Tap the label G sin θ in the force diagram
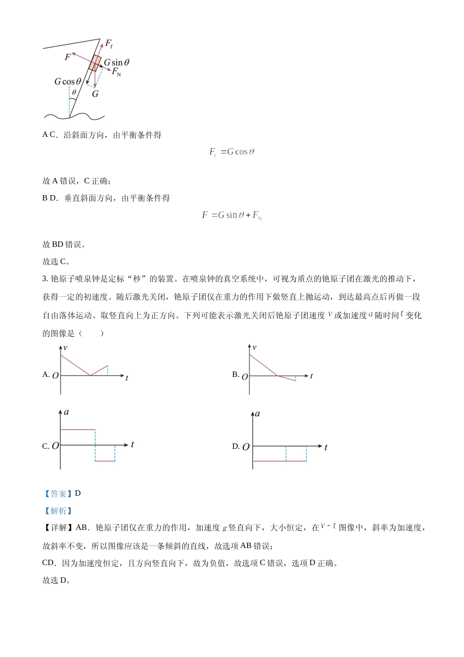[117, 63]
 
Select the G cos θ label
[67, 82]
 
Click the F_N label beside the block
[116, 72]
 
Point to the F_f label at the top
[108, 44]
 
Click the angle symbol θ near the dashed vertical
[74, 92]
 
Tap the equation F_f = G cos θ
[232, 152]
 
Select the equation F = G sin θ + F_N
[232, 215]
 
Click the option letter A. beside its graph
[46, 374]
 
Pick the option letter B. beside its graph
[235, 374]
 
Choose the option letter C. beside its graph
[46, 446]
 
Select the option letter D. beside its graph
[235, 446]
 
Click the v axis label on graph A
[65, 348]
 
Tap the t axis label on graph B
[311, 376]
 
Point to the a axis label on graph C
[66, 412]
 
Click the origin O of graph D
[246, 447]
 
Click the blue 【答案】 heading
[58, 494]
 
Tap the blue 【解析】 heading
[58, 511]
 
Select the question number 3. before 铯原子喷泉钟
[45, 279]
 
